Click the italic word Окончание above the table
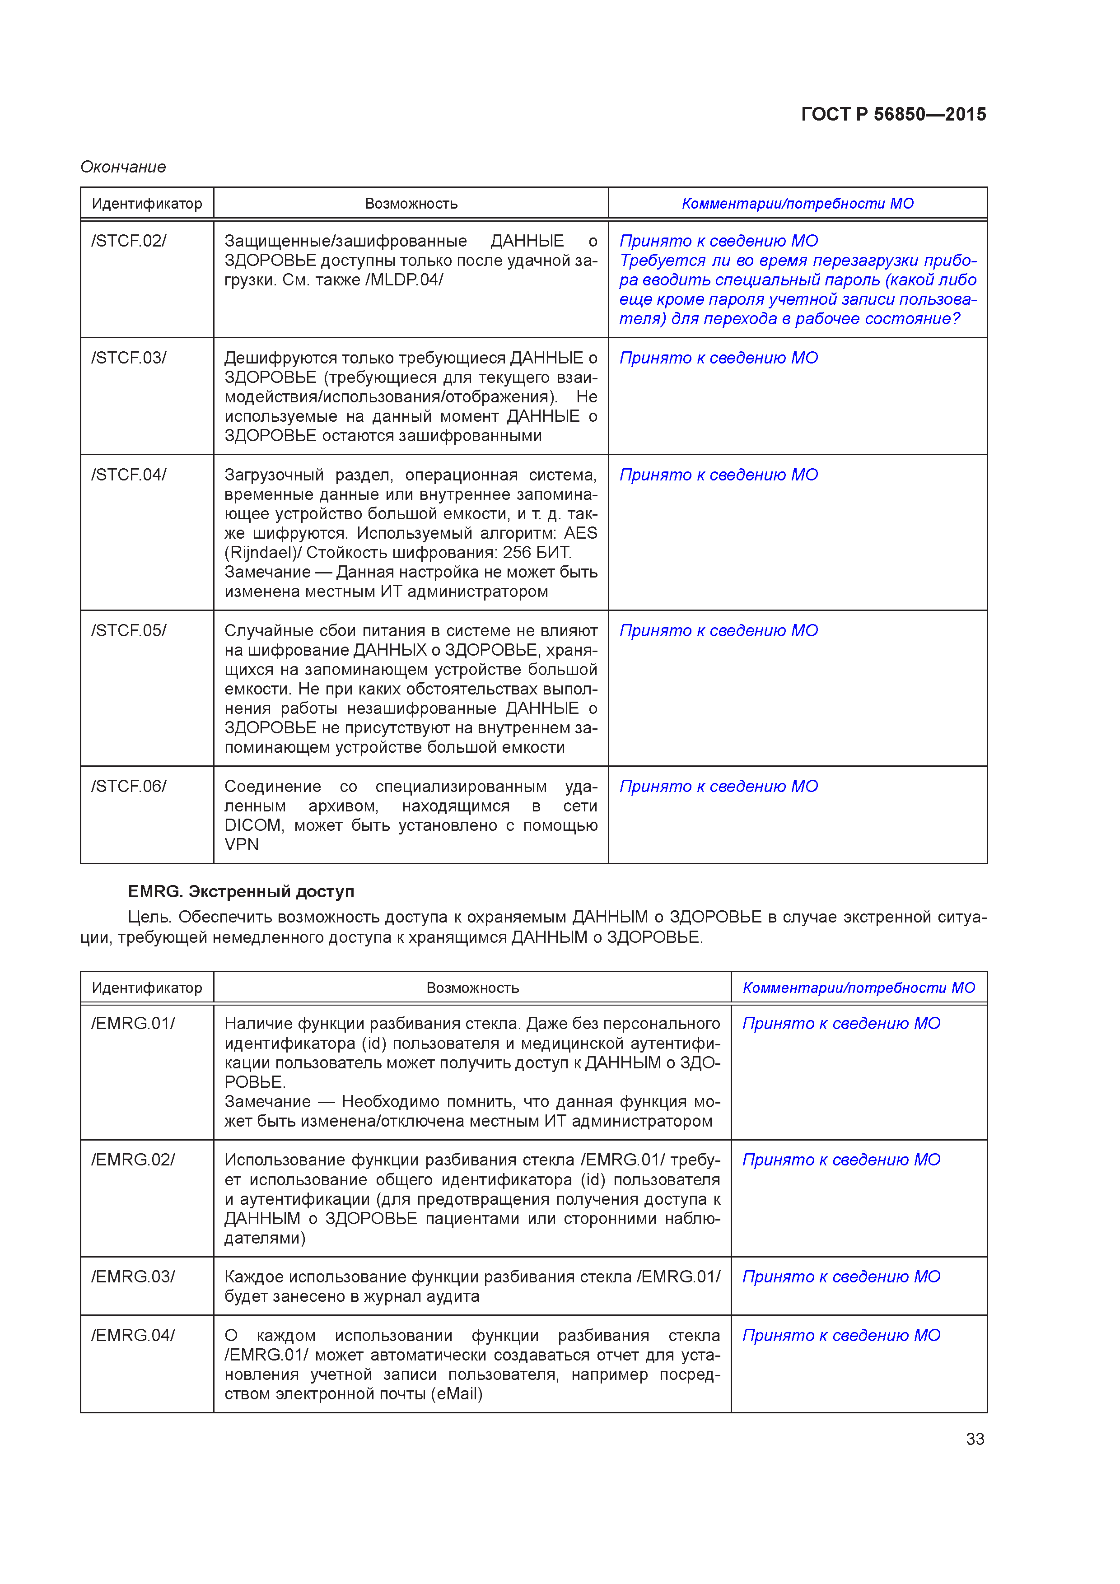123,167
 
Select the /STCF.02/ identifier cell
129,241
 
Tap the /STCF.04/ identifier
129,475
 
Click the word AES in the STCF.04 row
580,533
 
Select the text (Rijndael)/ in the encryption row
263,553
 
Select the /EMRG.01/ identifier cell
133,1023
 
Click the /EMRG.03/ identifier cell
133,1277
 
